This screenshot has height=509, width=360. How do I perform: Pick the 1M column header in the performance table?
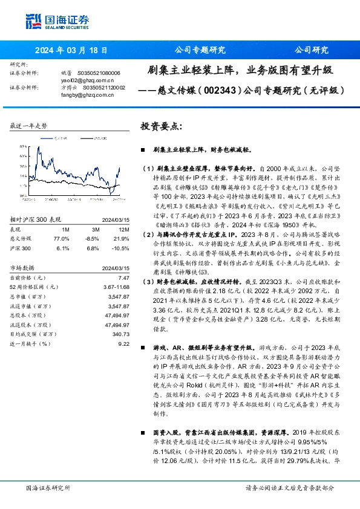(65, 230)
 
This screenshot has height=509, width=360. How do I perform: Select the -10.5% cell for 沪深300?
(120, 247)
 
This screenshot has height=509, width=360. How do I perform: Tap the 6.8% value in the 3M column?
(92, 247)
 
